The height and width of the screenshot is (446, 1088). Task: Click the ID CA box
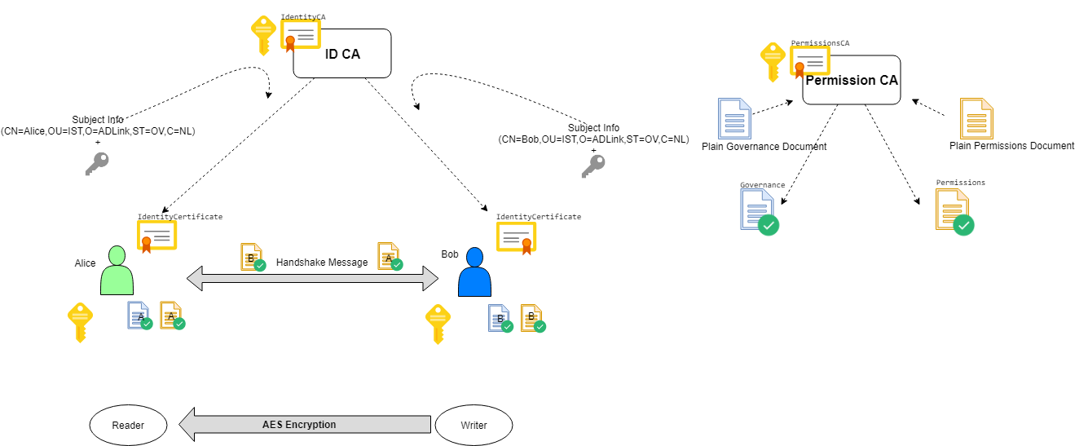(x=342, y=55)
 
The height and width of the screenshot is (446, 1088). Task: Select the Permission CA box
(x=852, y=81)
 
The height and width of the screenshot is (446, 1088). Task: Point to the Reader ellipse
(x=128, y=425)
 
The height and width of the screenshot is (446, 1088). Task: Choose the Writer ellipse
(x=474, y=425)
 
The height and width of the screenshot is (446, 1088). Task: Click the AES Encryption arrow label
(x=299, y=425)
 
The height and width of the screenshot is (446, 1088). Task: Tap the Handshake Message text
(x=322, y=263)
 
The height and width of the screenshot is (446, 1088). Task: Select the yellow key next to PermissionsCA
(x=773, y=62)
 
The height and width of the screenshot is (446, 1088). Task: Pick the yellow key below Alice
(x=79, y=322)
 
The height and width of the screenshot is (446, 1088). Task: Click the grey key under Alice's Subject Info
(x=96, y=164)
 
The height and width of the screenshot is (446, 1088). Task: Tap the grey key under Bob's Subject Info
(x=592, y=166)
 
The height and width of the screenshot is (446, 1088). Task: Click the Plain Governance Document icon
(x=734, y=118)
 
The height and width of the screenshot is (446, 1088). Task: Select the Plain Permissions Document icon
(x=976, y=118)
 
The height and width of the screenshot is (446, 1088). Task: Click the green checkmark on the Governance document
(x=768, y=225)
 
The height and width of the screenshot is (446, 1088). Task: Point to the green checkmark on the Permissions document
(x=964, y=225)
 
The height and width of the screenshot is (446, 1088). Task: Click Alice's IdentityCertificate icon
(x=156, y=236)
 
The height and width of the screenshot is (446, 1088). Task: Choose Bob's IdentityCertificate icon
(x=515, y=236)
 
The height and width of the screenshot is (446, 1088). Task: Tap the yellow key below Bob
(x=438, y=324)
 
